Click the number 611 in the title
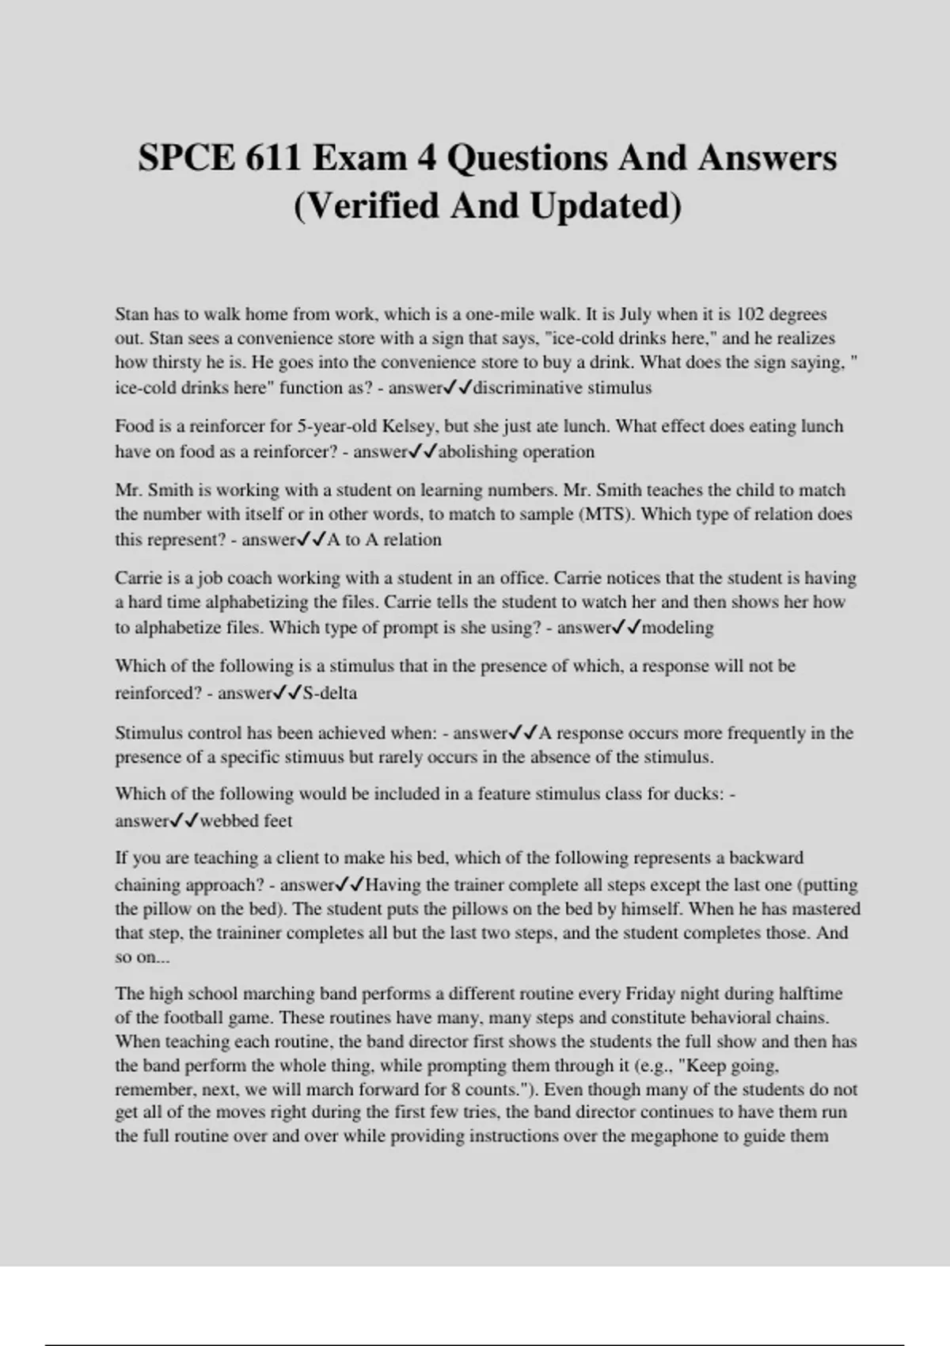[274, 158]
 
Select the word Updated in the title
[604, 206]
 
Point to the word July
[635, 314]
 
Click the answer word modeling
[678, 628]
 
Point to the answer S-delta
[330, 694]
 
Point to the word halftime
[811, 994]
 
